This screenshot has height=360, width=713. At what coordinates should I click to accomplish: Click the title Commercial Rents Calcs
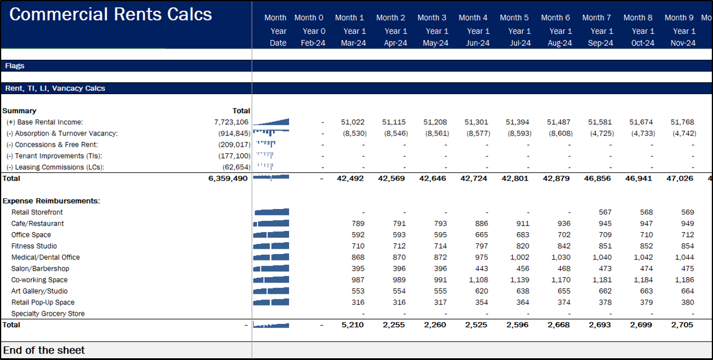click(x=110, y=15)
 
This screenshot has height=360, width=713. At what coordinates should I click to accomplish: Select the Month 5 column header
click(x=518, y=18)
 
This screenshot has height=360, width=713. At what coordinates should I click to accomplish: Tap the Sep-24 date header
click(x=600, y=43)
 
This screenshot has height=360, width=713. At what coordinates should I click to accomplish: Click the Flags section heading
click(x=15, y=66)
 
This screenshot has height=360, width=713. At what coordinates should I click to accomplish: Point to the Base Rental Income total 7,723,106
click(x=231, y=122)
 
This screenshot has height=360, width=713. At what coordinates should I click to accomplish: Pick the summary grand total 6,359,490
click(x=228, y=178)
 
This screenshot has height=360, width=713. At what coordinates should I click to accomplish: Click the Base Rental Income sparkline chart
click(x=271, y=122)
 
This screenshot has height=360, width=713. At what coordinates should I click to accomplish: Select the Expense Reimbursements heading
click(x=51, y=201)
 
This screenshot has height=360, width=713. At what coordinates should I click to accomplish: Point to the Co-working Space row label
click(x=39, y=279)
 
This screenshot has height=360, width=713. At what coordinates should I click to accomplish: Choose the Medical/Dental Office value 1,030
click(x=560, y=257)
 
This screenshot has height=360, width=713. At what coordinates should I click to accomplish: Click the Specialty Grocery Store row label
click(x=47, y=314)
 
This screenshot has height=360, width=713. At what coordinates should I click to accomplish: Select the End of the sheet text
click(x=44, y=350)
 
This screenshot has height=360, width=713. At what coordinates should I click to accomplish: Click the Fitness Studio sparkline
click(x=271, y=246)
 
